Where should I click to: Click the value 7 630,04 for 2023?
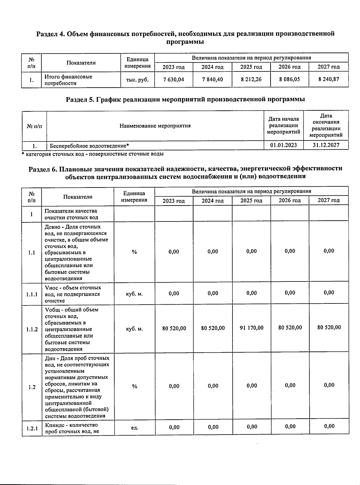(x=173, y=80)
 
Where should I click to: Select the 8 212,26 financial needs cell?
(x=251, y=80)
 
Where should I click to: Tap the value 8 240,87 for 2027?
(x=328, y=79)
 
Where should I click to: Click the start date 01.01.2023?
(x=283, y=145)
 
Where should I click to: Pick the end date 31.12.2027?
(x=326, y=145)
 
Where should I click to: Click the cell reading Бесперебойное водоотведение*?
(x=89, y=146)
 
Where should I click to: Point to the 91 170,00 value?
(x=251, y=328)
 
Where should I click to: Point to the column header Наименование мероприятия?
(x=155, y=126)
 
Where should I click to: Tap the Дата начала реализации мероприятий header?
(x=283, y=125)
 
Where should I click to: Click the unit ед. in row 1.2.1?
(x=134, y=427)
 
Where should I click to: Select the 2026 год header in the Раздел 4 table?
(x=289, y=67)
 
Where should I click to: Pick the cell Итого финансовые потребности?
(x=68, y=80)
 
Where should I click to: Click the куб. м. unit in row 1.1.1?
(x=134, y=294)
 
